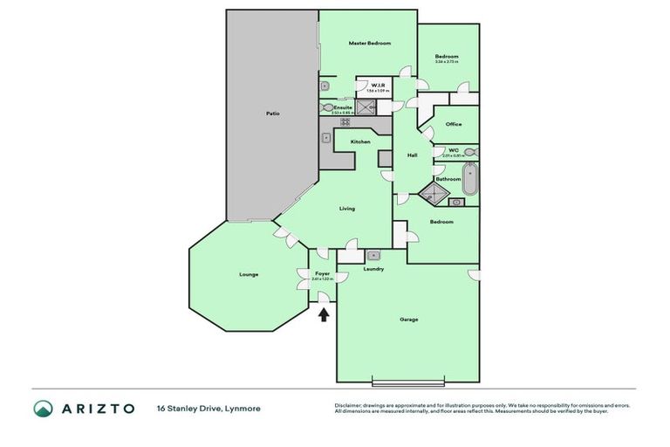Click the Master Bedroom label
(369, 43)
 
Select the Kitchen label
(360, 141)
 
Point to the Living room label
(346, 209)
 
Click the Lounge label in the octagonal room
(249, 275)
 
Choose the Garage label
(408, 320)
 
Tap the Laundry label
(373, 269)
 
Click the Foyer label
(322, 273)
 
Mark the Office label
(453, 124)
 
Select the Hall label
(412, 155)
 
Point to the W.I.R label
(378, 85)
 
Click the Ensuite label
(342, 107)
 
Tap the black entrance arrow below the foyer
(324, 314)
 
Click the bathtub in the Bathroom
(470, 180)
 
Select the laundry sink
(373, 255)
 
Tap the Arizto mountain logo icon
(43, 409)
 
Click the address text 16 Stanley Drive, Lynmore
(208, 409)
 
